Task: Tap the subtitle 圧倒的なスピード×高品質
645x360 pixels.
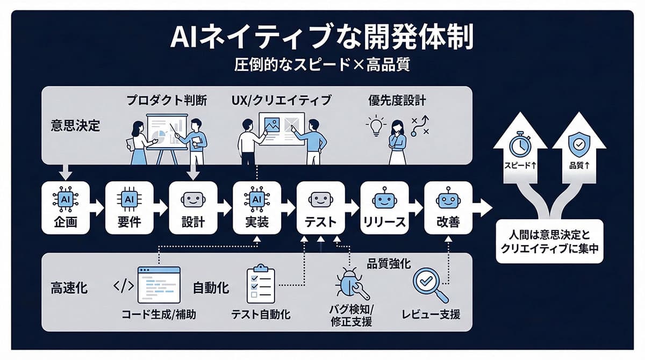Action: (322, 67)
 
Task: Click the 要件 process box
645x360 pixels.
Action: (129, 207)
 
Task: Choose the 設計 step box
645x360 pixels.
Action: (193, 207)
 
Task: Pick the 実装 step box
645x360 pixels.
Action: (257, 207)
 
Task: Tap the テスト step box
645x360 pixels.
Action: (320, 207)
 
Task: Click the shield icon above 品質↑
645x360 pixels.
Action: (578, 143)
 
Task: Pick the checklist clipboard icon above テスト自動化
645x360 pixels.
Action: (260, 283)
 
